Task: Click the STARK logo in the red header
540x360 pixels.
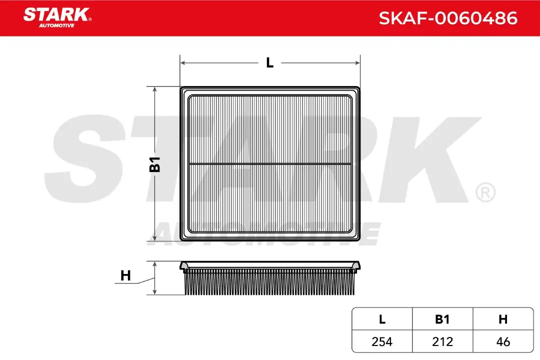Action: click(x=57, y=17)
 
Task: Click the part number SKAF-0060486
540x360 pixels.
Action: click(x=448, y=18)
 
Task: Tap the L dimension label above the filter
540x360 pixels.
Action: click(x=269, y=62)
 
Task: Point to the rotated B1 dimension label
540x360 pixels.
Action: click(x=155, y=164)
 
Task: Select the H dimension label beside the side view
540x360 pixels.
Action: click(x=125, y=275)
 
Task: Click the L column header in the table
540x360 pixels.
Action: click(x=382, y=319)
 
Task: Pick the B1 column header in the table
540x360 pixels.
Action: click(x=442, y=319)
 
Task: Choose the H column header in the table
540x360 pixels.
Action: click(x=503, y=319)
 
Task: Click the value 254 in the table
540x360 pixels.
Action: click(x=382, y=341)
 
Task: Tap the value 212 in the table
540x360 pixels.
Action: click(x=442, y=341)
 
